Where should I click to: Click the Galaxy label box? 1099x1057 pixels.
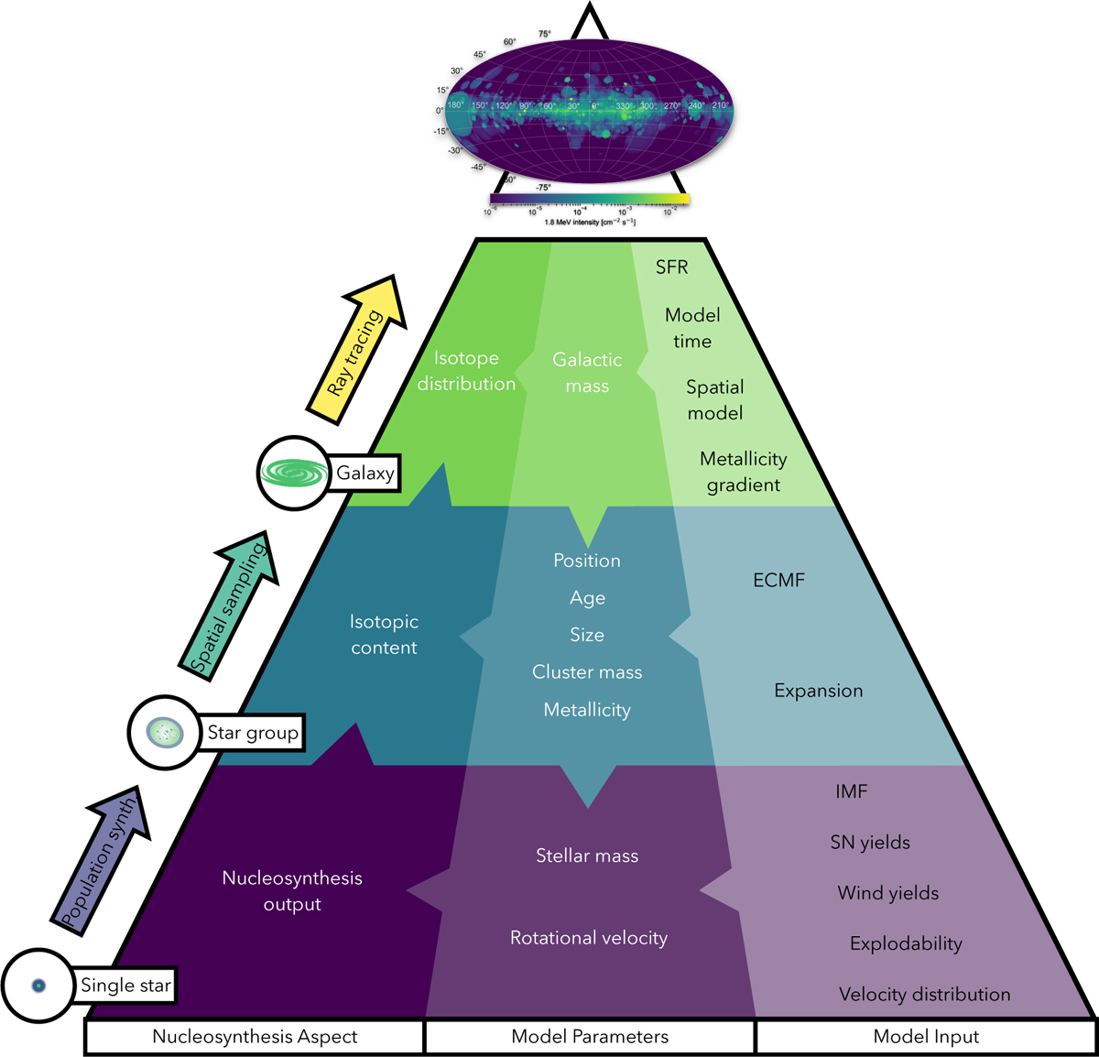click(365, 474)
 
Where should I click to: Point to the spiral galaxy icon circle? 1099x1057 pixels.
click(294, 473)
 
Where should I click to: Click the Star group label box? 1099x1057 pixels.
click(252, 733)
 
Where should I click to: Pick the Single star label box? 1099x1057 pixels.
click(125, 986)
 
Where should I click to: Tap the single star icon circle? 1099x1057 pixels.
click(38, 986)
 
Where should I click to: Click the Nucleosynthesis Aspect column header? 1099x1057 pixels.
click(255, 1037)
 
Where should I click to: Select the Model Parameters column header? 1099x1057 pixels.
click(590, 1037)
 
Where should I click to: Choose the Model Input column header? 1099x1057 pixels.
click(926, 1037)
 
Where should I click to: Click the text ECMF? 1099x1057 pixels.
click(778, 580)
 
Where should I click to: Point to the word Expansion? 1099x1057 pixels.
click(818, 691)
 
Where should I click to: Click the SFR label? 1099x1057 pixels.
click(671, 267)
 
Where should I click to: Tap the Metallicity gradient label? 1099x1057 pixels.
click(743, 472)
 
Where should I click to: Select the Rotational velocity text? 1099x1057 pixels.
click(589, 938)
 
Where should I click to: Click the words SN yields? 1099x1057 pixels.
click(870, 843)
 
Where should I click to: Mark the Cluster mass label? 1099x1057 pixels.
click(587, 672)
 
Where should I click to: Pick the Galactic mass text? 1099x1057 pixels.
click(587, 373)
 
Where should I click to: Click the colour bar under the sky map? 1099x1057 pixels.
click(589, 198)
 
